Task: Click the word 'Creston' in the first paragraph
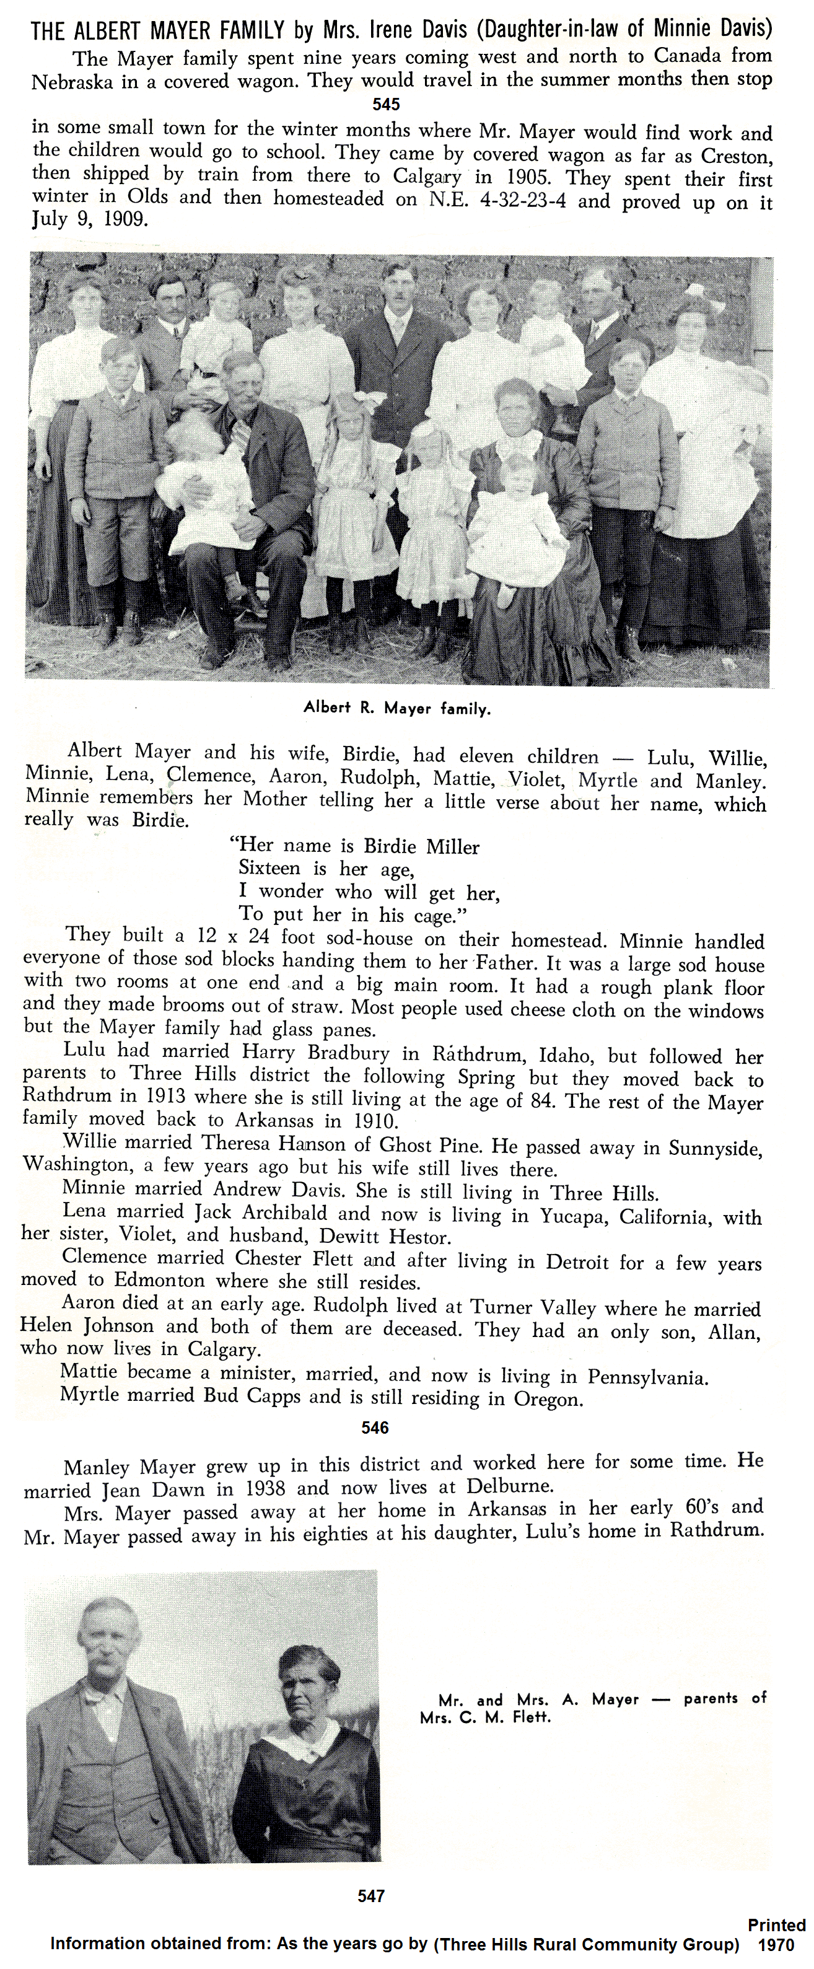point(735,157)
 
